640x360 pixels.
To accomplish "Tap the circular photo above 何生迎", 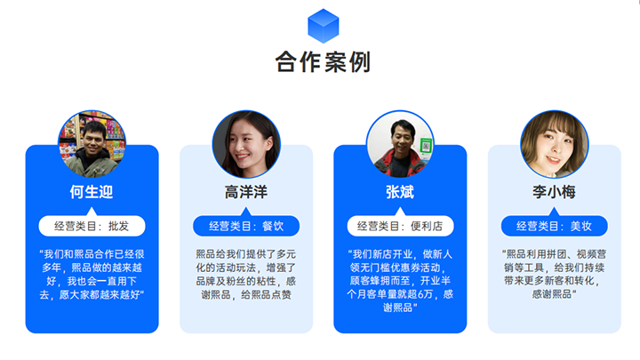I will pyautogui.click(x=92, y=143).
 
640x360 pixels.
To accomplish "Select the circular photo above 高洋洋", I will pyautogui.click(x=245, y=143).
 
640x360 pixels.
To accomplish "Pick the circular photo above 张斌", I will pyautogui.click(x=400, y=143).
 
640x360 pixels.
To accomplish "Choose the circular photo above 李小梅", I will pyautogui.click(x=554, y=143).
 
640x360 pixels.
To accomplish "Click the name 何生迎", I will pyautogui.click(x=92, y=192).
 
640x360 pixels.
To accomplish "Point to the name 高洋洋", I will pyautogui.click(x=245, y=192).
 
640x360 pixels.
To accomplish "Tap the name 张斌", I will pyautogui.click(x=400, y=192).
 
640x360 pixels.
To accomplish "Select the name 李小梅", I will pyautogui.click(x=554, y=192).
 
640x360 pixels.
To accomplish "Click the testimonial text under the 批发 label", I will pyautogui.click(x=92, y=274).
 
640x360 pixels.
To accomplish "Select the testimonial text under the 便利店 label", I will pyautogui.click(x=400, y=280).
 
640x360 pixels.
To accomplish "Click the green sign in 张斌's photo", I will pyautogui.click(x=426, y=145).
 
